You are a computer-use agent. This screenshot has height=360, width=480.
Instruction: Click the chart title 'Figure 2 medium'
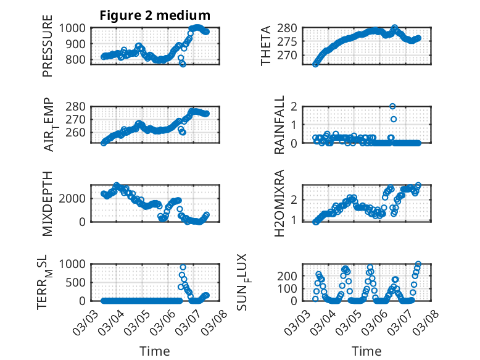click(155, 15)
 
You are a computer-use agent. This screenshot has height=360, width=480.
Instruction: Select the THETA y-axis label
click(266, 45)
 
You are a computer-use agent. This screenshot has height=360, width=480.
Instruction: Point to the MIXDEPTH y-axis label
click(48, 203)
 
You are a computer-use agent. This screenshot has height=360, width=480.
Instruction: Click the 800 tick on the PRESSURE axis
click(78, 60)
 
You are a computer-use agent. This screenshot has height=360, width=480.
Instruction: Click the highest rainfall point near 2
click(392, 106)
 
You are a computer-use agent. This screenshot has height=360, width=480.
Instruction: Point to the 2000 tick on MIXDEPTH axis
click(75, 198)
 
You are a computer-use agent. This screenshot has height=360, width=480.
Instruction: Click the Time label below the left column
click(155, 351)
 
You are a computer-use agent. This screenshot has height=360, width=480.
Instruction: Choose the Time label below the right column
click(366, 351)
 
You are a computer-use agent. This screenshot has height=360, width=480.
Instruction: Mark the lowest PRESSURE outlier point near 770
click(183, 64)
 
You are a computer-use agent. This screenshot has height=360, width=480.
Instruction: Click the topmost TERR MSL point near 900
click(183, 267)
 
